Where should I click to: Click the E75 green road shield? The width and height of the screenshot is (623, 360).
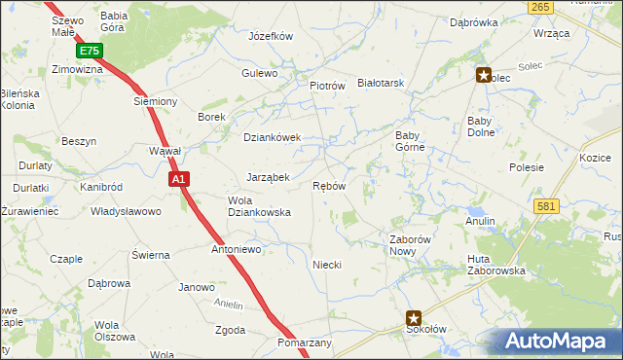90,51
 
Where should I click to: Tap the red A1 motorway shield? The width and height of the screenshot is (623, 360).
178,179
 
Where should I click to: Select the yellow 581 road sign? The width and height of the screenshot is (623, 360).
545,205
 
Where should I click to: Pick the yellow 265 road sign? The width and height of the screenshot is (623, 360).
542,7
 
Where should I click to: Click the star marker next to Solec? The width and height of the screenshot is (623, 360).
483,74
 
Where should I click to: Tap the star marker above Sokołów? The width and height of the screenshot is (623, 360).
414,317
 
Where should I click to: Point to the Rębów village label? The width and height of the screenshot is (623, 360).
329,186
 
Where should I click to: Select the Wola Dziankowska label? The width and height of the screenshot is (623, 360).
259,205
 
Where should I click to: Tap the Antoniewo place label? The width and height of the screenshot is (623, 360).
238,249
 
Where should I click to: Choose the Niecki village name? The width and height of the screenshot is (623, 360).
326,265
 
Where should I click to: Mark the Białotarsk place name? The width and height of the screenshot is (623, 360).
381,84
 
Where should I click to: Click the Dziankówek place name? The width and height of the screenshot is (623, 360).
273,137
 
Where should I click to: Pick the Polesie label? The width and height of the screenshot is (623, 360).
526,167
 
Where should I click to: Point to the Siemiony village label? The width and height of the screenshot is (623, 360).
155,101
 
